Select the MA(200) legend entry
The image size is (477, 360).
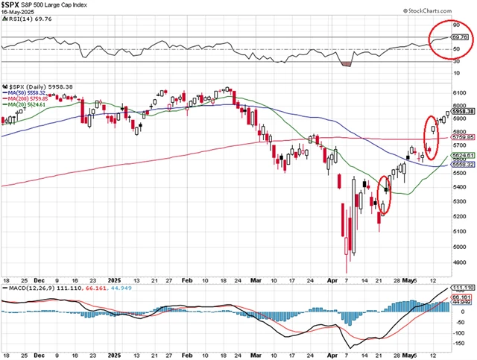31,98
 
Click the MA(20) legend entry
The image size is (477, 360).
29,105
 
